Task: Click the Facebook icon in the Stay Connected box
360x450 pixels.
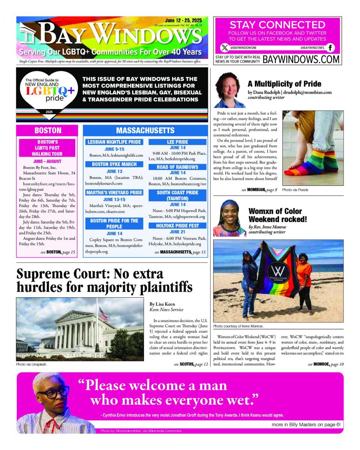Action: pos(330,48)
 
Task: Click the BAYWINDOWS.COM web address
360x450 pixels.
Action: pos(301,59)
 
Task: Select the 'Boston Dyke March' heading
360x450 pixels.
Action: pos(114,164)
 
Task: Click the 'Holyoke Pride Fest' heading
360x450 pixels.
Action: pos(177,226)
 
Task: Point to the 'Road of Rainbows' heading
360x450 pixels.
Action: pos(177,167)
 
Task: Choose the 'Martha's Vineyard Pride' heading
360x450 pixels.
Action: pos(114,193)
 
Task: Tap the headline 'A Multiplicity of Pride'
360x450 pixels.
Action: pos(284,84)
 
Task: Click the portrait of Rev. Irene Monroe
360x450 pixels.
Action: pos(229,218)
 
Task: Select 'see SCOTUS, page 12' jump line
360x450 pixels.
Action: pos(191,364)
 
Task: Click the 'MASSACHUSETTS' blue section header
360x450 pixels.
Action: pos(145,130)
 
